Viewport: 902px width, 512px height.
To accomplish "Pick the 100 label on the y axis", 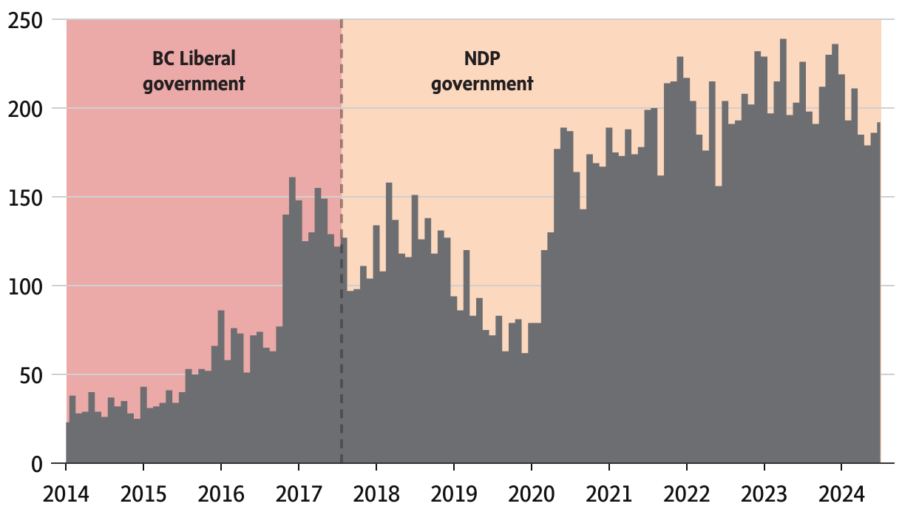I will (24, 286).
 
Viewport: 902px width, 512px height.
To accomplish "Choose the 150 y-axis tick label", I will (24, 198).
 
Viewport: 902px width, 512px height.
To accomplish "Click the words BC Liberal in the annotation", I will (194, 58).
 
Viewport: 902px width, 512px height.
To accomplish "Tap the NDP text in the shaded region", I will (482, 58).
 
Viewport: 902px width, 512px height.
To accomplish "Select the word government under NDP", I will (482, 83).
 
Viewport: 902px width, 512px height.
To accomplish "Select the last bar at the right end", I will (878, 296).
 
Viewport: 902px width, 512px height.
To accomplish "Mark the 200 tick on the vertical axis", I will (24, 109).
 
